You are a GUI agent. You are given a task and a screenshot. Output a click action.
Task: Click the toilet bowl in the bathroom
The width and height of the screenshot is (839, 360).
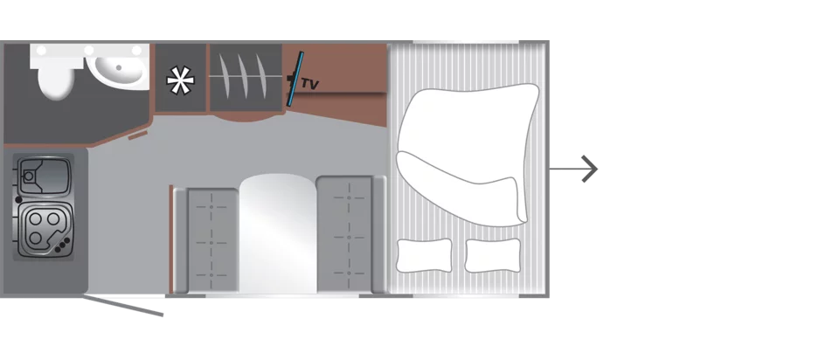pyautogui.click(x=56, y=81)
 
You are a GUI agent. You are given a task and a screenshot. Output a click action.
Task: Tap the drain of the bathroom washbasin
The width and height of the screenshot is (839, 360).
pyautogui.click(x=119, y=67)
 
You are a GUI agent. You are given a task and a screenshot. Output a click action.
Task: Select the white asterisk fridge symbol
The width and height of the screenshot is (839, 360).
pyautogui.click(x=180, y=80)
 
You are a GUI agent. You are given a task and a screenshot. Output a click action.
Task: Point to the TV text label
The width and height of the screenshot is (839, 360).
pyautogui.click(x=309, y=84)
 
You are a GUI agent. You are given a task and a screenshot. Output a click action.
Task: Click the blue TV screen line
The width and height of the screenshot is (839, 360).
pyautogui.click(x=295, y=79)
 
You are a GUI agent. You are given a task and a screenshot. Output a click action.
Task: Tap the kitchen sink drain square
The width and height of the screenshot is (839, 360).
pyautogui.click(x=28, y=175)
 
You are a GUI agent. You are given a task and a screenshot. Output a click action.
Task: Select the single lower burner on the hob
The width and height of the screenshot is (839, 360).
pyautogui.click(x=35, y=238)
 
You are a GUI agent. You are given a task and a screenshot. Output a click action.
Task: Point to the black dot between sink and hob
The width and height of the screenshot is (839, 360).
pyautogui.click(x=18, y=199)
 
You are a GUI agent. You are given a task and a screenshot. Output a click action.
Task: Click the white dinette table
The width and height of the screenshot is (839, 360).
pyautogui.click(x=277, y=233)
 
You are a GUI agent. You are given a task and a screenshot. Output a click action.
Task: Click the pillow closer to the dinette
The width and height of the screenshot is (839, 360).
pyautogui.click(x=425, y=255)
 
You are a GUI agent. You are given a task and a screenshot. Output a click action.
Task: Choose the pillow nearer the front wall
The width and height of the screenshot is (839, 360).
pyautogui.click(x=493, y=255)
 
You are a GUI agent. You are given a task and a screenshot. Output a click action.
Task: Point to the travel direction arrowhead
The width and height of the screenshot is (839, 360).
pyautogui.click(x=589, y=169)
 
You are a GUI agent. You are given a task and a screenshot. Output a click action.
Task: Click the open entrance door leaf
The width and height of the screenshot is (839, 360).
pyautogui.click(x=122, y=306)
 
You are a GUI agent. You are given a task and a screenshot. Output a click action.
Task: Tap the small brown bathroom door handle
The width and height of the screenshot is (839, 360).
pyautogui.click(x=137, y=135)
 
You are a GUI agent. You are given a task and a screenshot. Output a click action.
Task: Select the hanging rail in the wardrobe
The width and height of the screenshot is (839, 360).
pyautogui.click(x=246, y=76)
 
